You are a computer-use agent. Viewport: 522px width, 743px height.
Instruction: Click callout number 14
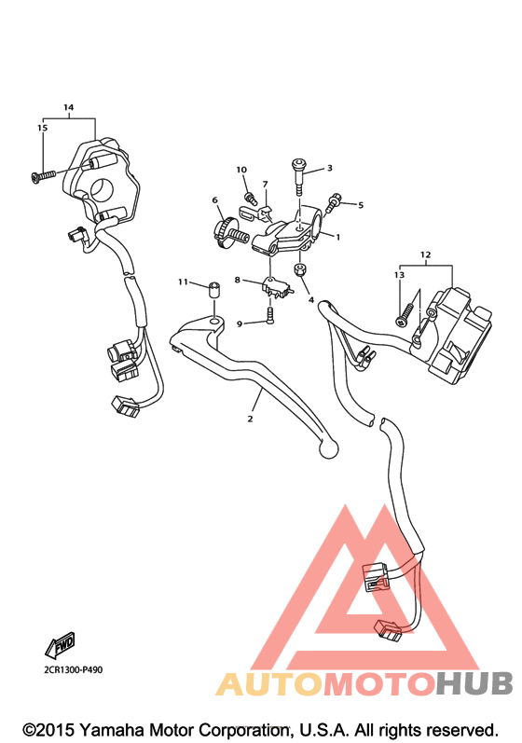(x=69, y=107)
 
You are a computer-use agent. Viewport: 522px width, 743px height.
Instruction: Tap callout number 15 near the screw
(x=43, y=128)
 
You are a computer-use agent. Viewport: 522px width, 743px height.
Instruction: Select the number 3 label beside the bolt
(x=330, y=168)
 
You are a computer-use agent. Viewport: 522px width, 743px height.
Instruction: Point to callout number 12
(x=425, y=255)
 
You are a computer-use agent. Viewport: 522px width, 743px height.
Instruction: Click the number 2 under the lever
(x=250, y=419)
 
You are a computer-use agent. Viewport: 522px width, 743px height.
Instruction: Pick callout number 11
(x=183, y=282)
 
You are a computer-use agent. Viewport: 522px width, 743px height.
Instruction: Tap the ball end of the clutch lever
(x=327, y=449)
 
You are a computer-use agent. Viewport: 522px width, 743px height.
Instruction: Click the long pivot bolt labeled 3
(x=299, y=176)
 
